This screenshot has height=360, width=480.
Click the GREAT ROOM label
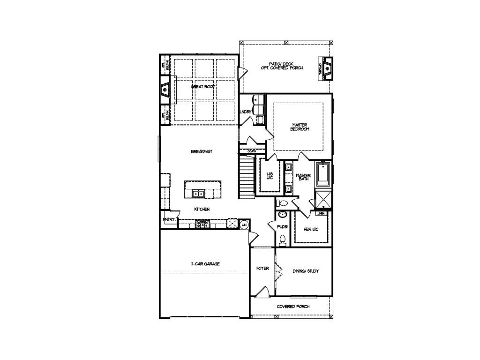pyautogui.click(x=203, y=87)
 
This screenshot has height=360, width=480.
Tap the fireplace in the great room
pyautogui.click(x=165, y=90)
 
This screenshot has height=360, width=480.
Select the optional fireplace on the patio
pyautogui.click(x=327, y=68)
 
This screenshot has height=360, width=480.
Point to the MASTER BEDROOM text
pyautogui.click(x=300, y=127)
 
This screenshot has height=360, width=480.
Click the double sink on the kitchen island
pyautogui.click(x=197, y=193)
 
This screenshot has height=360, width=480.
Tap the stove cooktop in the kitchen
pyautogui.click(x=202, y=224)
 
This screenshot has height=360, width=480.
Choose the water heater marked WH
pyautogui.click(x=244, y=225)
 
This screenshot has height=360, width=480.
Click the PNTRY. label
pyautogui.click(x=169, y=219)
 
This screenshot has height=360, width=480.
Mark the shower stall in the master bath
pyautogui.click(x=323, y=199)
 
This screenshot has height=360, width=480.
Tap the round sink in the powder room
pyautogui.click(x=282, y=215)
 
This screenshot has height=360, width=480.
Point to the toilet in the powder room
pyautogui.click(x=282, y=240)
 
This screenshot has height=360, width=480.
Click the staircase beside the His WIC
pyautogui.click(x=246, y=177)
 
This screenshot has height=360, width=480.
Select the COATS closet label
pyautogui.click(x=252, y=151)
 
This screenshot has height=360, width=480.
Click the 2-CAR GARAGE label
pyautogui.click(x=205, y=264)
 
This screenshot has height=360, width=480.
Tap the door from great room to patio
pyautogui.click(x=242, y=73)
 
